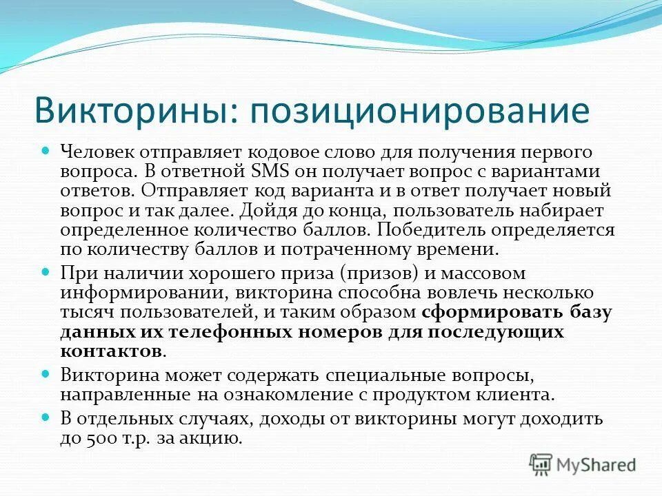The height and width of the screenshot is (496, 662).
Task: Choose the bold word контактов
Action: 111,351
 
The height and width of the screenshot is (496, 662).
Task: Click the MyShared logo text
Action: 597,464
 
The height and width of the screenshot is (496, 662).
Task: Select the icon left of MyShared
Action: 542,464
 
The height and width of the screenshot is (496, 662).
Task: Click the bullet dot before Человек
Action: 47,149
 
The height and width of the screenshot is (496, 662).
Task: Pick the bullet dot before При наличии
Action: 47,272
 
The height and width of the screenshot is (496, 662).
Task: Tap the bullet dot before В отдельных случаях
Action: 47,418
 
